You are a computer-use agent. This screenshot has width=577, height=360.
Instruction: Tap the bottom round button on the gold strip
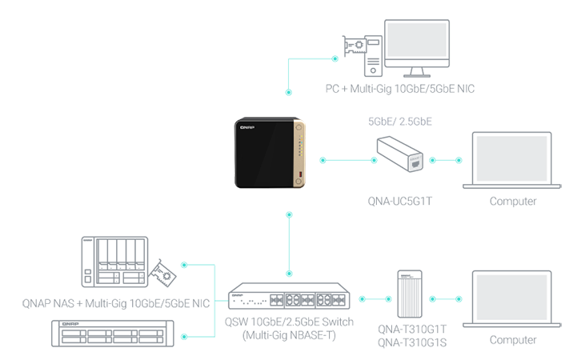(299, 182)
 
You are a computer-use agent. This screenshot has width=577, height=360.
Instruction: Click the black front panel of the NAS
(264, 156)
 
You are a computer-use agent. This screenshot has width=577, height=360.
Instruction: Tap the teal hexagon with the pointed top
(447, 297)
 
